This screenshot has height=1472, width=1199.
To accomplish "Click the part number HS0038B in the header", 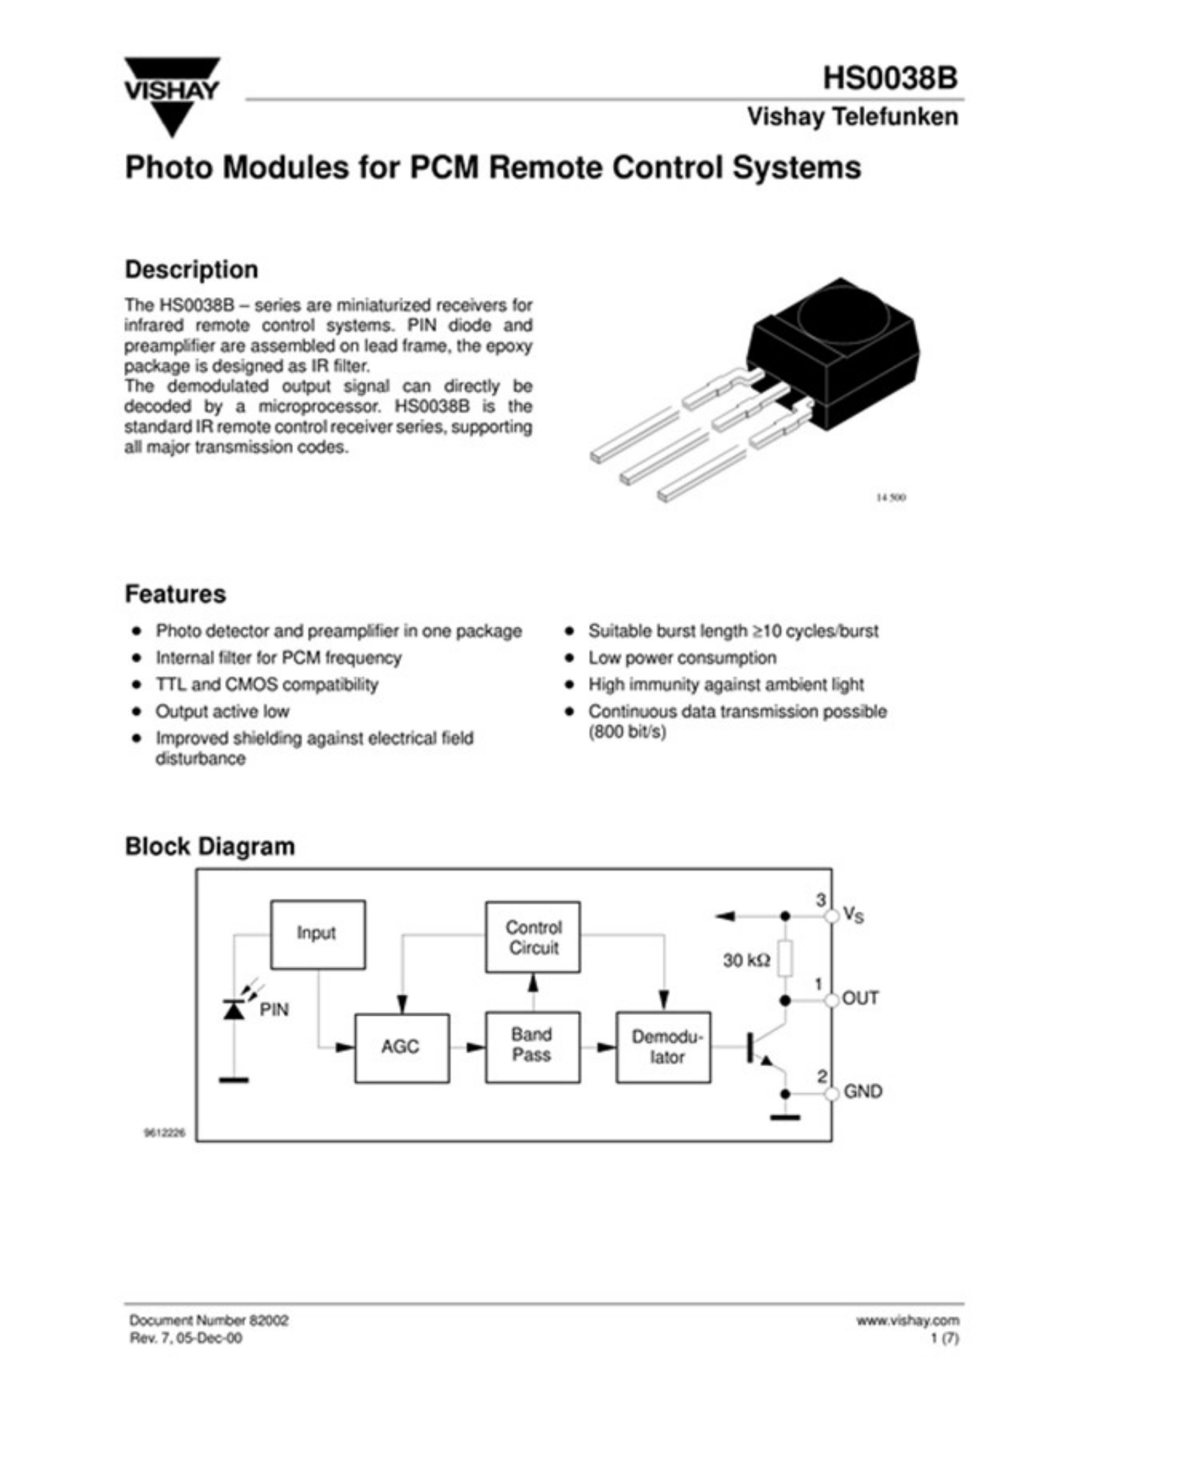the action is point(890,77).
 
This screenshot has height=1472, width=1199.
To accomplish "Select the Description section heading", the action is point(191,269).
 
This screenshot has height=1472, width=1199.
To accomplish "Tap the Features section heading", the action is point(175,594).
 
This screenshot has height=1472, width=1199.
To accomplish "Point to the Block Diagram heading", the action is point(210,846).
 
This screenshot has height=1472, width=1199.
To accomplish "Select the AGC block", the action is point(402,1047).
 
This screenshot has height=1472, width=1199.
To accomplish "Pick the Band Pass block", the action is point(532,1046).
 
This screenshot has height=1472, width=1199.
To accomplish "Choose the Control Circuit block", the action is point(532,937).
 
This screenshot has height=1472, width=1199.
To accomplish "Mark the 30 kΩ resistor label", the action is point(746,960).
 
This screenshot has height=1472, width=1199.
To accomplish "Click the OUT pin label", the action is point(861,998).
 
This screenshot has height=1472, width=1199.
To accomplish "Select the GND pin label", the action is point(863,1091).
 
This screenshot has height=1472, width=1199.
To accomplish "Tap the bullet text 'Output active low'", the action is point(222,711).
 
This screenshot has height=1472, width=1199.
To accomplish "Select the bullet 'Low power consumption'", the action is point(682,658).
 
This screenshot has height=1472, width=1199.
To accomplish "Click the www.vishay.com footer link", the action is point(907,1320).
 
